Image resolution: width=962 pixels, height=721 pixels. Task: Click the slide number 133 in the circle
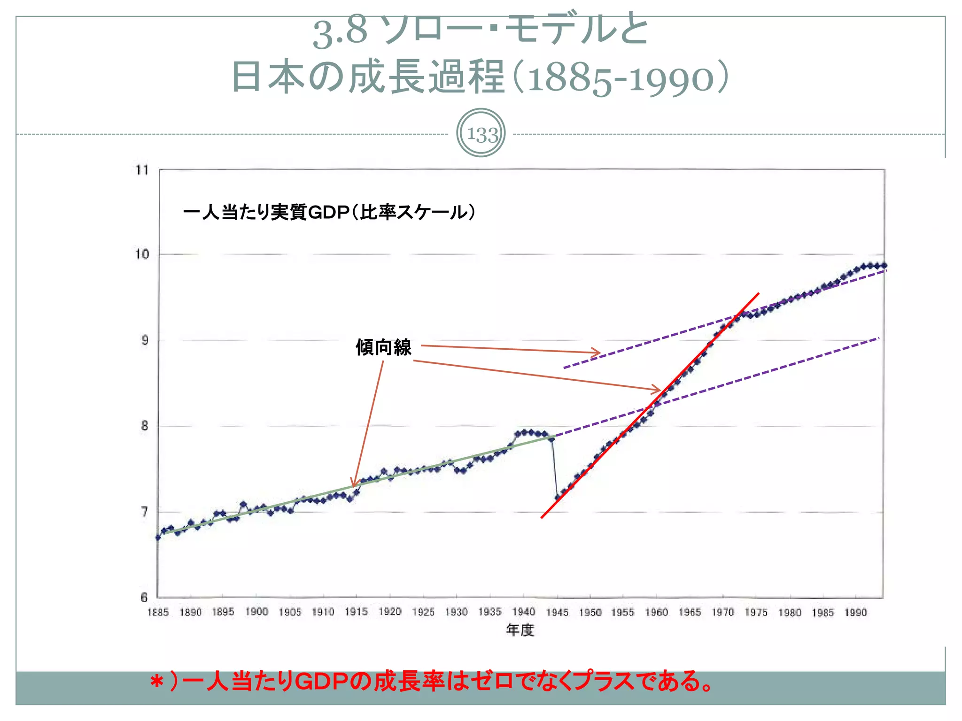482,135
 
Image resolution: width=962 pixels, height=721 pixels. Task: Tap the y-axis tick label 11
142,170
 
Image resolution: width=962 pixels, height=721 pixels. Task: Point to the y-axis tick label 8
144,426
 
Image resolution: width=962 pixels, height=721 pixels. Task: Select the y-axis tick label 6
144,598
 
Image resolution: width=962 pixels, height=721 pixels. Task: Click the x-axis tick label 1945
557,613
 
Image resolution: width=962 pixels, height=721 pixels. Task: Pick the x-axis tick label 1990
855,613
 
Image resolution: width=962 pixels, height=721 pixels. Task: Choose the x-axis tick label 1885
158,613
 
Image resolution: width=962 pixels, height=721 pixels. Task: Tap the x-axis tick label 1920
390,612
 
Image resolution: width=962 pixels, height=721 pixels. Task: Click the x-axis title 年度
520,630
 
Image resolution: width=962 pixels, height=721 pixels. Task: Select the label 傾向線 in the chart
383,348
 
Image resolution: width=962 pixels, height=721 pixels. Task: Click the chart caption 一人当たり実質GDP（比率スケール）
329,212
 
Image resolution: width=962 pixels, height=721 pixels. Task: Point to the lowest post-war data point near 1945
558,497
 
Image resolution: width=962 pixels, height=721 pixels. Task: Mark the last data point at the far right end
884,266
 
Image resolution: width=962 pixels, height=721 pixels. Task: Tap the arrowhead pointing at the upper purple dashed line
598,353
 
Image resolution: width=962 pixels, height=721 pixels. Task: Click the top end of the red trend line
758,294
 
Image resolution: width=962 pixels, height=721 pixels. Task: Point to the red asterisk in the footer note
157,682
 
